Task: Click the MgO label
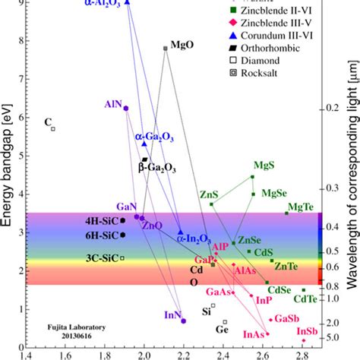[182, 45]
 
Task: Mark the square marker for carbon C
[53, 128]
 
